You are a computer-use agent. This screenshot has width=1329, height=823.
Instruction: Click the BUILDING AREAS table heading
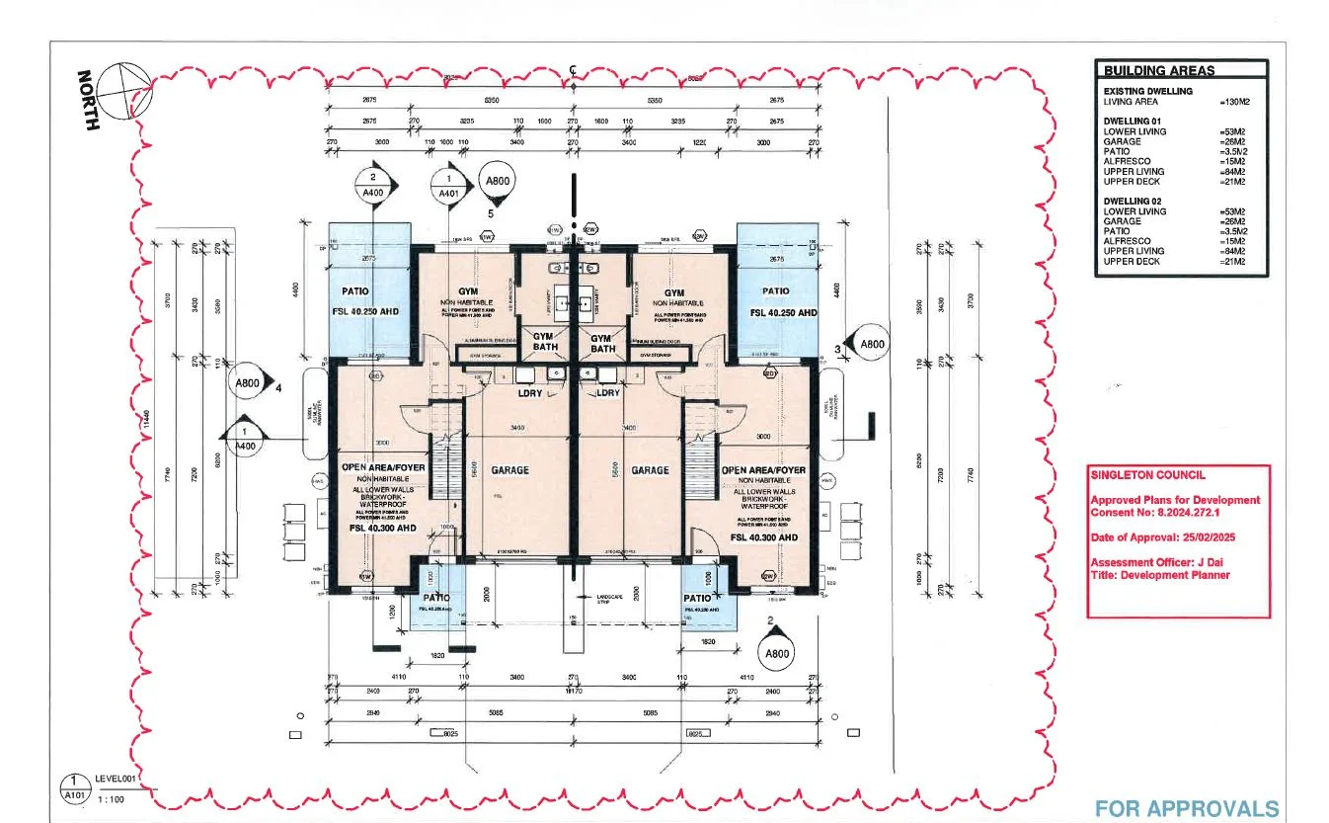pos(1159,70)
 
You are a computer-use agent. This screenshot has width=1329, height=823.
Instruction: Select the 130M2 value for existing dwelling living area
pos(1236,102)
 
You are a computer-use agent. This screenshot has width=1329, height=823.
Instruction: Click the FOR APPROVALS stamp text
pos(1186,808)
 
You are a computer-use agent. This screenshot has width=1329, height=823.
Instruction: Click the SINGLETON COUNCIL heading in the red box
pos(1134,475)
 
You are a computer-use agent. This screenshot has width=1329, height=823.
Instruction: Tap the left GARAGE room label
pos(509,470)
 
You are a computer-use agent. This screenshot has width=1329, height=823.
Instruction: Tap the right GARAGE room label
pos(651,470)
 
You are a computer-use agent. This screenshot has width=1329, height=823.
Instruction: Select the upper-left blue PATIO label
pos(355,291)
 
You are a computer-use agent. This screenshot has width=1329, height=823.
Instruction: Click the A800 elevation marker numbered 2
pos(776,653)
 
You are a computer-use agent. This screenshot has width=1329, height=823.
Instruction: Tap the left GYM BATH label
pos(544,342)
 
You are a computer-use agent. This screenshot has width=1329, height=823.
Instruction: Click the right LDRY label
pos(608,393)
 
